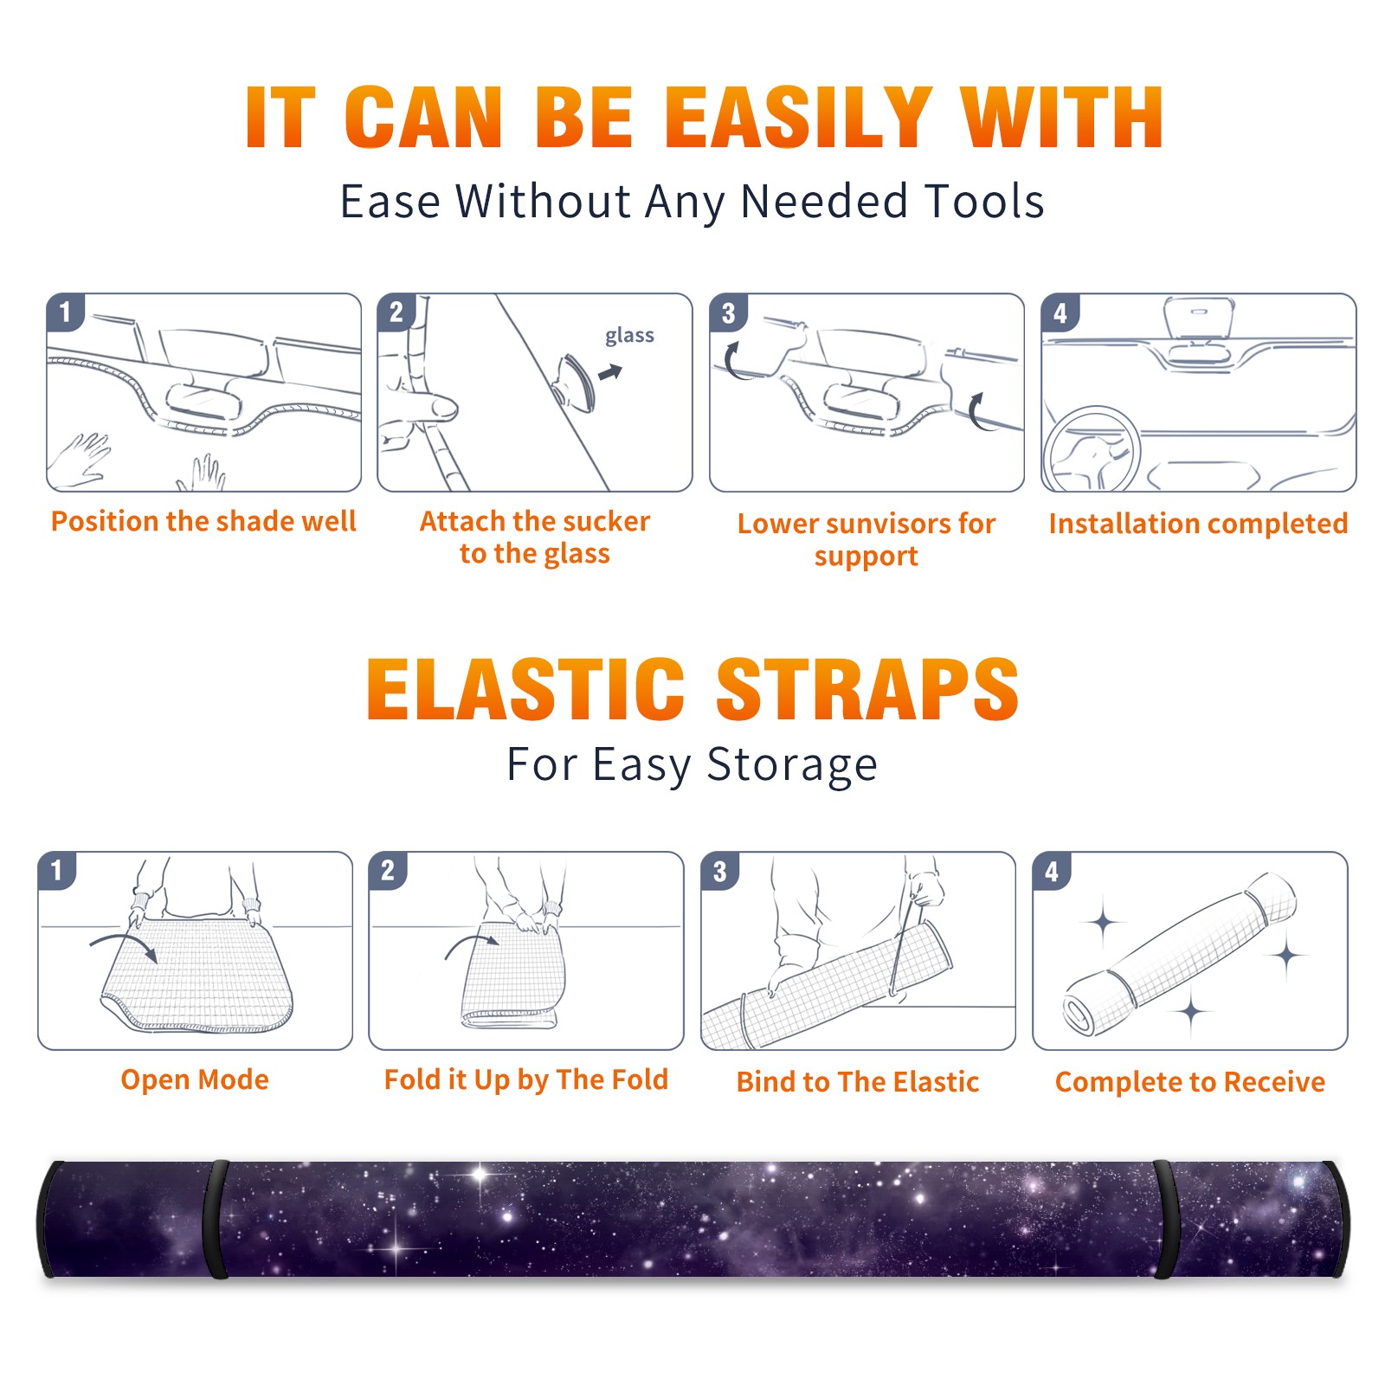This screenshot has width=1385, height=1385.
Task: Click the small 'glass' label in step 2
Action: [629, 335]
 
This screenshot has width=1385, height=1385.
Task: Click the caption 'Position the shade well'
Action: [203, 521]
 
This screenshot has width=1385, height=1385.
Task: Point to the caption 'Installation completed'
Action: [1198, 523]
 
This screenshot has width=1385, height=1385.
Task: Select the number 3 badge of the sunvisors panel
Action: [729, 312]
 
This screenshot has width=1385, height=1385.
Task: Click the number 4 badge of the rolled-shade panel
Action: [1052, 871]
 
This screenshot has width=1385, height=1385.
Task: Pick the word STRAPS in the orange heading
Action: [867, 689]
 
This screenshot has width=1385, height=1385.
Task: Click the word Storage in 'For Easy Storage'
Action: [792, 765]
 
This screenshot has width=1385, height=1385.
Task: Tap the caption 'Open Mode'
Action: [195, 1079]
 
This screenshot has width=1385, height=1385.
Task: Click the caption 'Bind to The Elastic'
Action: [858, 1082]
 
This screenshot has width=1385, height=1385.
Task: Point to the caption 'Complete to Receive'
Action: [1190, 1082]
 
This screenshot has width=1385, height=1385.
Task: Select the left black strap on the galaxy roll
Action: [216, 1220]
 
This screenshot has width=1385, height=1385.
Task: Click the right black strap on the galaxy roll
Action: [1165, 1220]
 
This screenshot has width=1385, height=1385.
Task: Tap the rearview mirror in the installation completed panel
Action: [1198, 318]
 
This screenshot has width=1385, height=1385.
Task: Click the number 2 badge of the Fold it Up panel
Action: [388, 871]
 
